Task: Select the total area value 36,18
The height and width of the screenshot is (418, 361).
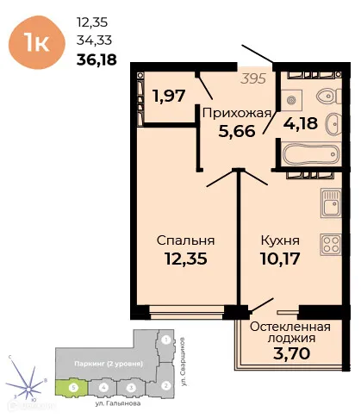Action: [x=96, y=59]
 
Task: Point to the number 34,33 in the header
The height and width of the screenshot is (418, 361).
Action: [x=95, y=40]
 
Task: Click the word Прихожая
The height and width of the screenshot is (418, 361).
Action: [x=236, y=112]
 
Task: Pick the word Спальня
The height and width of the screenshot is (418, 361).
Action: [x=185, y=240]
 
